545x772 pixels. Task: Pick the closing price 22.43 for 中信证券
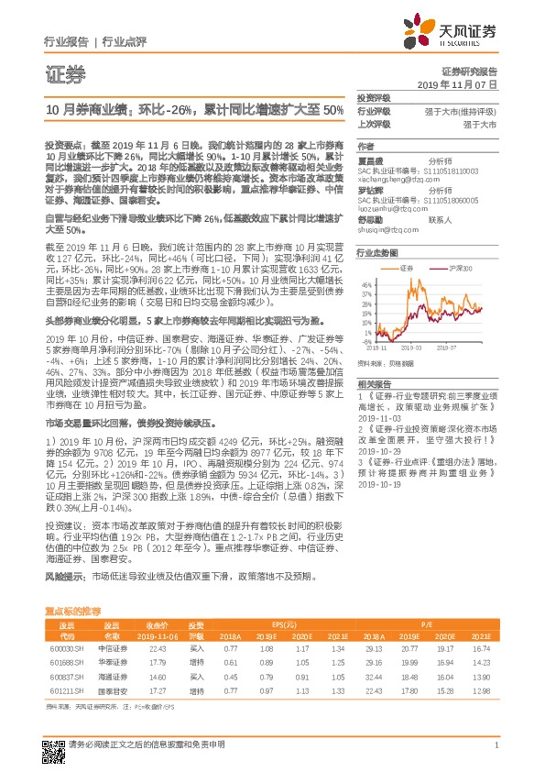click(158, 648)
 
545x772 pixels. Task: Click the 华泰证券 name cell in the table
click(111, 662)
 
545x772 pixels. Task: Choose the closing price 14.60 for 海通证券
click(158, 675)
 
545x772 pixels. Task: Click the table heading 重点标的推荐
click(73, 610)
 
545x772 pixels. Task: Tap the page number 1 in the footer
click(496, 744)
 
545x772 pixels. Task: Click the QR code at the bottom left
click(54, 744)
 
